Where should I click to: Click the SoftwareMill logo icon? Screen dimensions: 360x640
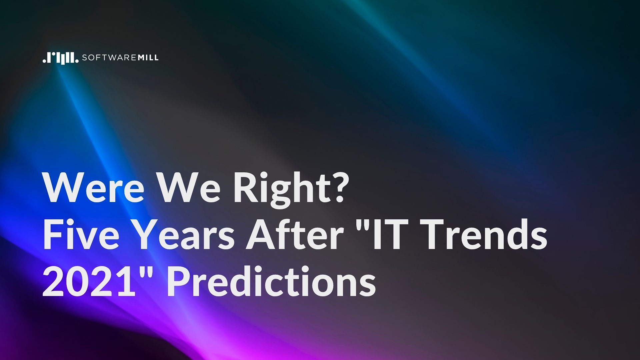tap(60, 58)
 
